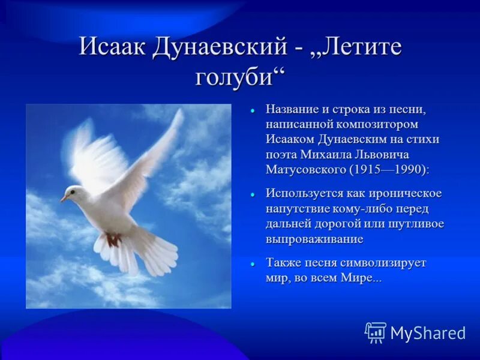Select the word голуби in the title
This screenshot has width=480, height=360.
tap(237, 77)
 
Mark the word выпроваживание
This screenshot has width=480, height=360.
tap(314, 238)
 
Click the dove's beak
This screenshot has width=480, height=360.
tap(63, 198)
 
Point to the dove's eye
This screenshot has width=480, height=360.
tap(73, 192)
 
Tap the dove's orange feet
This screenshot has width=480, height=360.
tap(113, 239)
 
